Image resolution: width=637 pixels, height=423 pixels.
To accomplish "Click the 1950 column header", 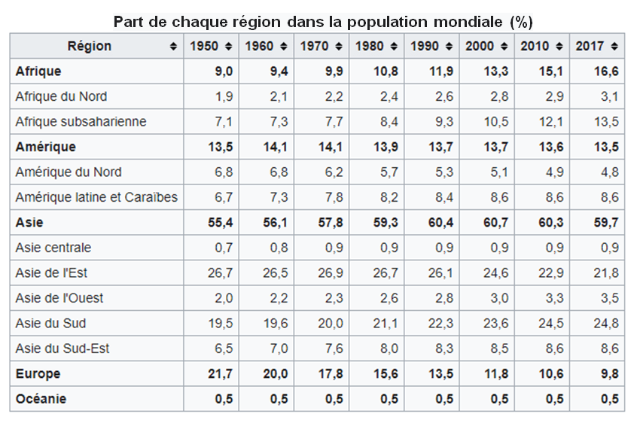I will click(x=204, y=46).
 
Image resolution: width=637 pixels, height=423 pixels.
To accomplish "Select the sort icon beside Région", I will click(x=174, y=47).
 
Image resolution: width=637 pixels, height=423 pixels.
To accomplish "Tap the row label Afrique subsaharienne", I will click(x=81, y=122).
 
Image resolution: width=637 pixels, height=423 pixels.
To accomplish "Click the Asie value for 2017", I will click(x=608, y=222).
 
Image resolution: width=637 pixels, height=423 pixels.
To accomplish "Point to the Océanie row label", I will click(x=41, y=399).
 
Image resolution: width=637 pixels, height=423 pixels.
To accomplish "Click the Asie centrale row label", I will click(x=53, y=248).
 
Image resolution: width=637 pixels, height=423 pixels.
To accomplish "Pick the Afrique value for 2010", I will click(x=553, y=72).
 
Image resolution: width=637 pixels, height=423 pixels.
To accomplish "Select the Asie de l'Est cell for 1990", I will click(x=442, y=272).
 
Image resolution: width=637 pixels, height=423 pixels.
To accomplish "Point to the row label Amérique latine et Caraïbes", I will click(x=96, y=197).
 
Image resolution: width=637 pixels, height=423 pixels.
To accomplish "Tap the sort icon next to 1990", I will click(x=450, y=47).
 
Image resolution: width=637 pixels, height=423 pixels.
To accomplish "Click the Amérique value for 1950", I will click(x=218, y=147).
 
